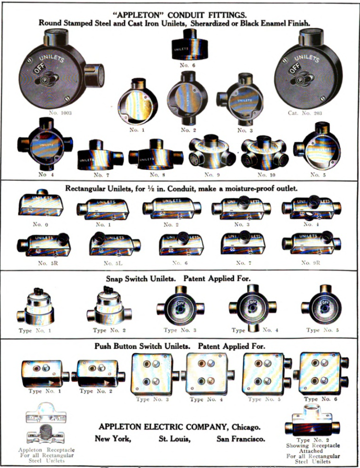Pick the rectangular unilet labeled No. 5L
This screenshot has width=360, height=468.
click(113, 244)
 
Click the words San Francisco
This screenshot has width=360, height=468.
click(240, 439)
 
